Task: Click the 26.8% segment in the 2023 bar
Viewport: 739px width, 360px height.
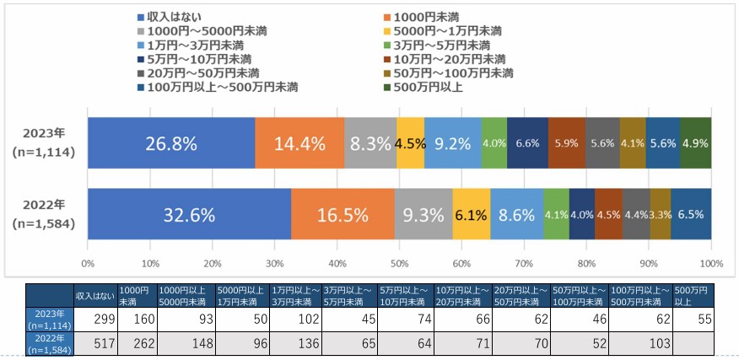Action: click(x=171, y=142)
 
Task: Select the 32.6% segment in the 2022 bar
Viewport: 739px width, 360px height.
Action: click(x=189, y=214)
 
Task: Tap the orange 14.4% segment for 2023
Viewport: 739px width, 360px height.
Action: click(x=299, y=142)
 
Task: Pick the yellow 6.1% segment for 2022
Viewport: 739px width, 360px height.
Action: click(x=472, y=214)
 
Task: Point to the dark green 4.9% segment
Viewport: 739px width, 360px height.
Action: click(x=695, y=142)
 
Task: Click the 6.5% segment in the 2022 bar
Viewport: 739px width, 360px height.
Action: click(x=691, y=214)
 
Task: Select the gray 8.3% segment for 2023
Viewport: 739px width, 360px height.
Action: click(x=369, y=142)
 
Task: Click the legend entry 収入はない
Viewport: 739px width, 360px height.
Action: click(x=174, y=16)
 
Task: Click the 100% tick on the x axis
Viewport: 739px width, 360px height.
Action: click(x=710, y=263)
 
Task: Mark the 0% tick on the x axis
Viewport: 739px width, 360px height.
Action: click(x=88, y=263)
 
